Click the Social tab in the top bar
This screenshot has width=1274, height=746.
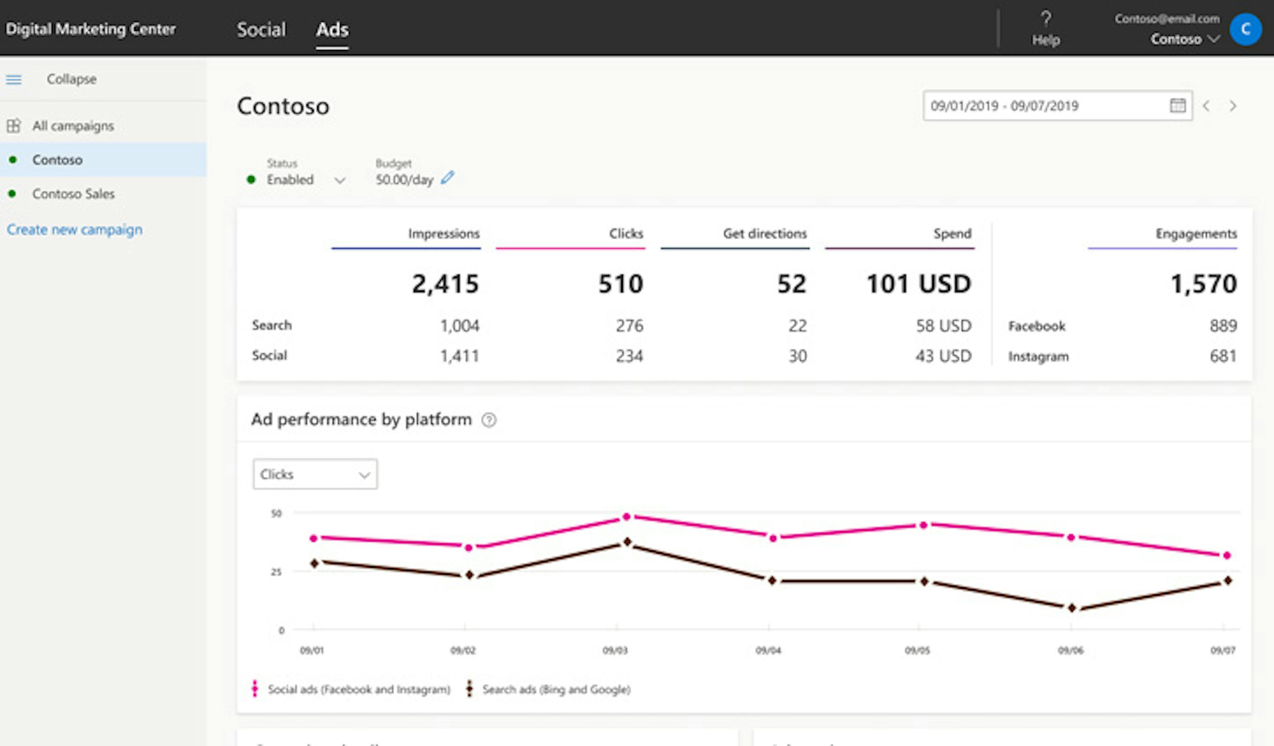pyautogui.click(x=261, y=29)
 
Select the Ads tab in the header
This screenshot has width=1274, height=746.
pyautogui.click(x=332, y=29)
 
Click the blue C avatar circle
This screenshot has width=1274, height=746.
pyautogui.click(x=1245, y=29)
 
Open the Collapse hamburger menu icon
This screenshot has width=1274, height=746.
pyautogui.click(x=14, y=79)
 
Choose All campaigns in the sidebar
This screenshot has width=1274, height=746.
pyautogui.click(x=73, y=126)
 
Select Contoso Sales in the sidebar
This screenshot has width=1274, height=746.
pyautogui.click(x=73, y=194)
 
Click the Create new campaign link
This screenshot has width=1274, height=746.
pyautogui.click(x=74, y=230)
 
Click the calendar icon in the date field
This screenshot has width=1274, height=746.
pyautogui.click(x=1177, y=106)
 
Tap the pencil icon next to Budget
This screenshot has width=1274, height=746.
pyautogui.click(x=448, y=178)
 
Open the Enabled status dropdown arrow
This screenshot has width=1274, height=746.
pyautogui.click(x=340, y=180)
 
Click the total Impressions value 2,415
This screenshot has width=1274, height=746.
pyautogui.click(x=445, y=284)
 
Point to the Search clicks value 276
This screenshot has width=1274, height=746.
pyautogui.click(x=629, y=326)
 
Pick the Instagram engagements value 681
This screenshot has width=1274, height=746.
pyautogui.click(x=1223, y=356)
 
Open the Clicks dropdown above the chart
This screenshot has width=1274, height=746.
pyautogui.click(x=315, y=474)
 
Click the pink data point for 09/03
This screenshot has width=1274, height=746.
pyautogui.click(x=626, y=517)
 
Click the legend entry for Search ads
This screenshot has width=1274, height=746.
pyautogui.click(x=555, y=689)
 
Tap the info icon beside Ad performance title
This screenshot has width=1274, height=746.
pyautogui.click(x=489, y=420)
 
